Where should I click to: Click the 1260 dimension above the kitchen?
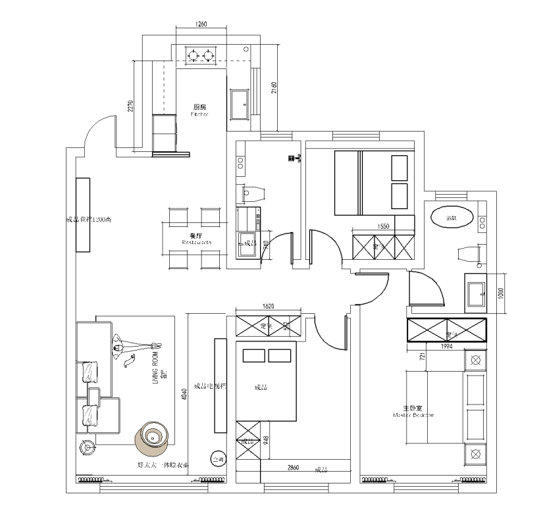pos(201,24)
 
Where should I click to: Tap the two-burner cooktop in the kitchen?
pos(202,54)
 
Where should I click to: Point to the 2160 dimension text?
pos(274,87)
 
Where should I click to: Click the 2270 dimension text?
pos(131,107)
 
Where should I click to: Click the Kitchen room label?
pos(200,109)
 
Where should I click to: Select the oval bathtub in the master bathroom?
pos(453,217)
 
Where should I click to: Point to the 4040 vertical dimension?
pos(185,393)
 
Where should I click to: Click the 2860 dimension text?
pos(294,468)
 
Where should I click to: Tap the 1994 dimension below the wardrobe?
pos(446,346)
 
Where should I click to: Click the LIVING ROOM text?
pos(156,372)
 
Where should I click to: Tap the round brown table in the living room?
pos(153,436)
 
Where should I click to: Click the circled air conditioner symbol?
pos(217,459)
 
